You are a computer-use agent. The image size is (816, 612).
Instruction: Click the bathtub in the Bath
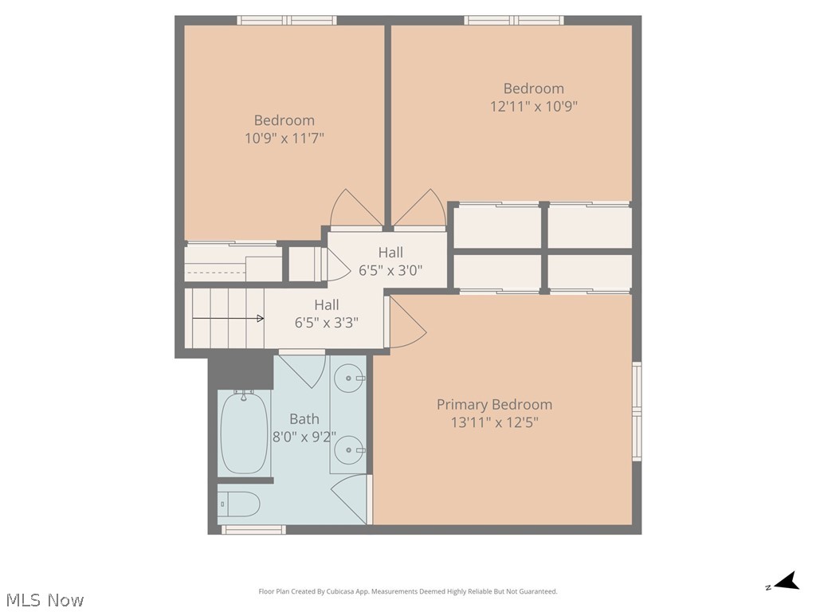tap(244, 433)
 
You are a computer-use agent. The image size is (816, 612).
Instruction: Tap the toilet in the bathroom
tap(239, 504)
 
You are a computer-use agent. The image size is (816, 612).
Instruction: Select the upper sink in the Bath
tap(349, 378)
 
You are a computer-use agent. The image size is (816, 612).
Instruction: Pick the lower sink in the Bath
tap(349, 449)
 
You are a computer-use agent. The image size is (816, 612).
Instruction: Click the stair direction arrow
tap(228, 319)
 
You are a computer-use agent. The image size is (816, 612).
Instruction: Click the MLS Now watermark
tap(45, 599)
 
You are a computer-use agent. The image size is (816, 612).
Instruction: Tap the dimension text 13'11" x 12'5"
tap(494, 422)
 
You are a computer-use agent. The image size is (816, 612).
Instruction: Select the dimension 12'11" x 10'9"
tap(534, 106)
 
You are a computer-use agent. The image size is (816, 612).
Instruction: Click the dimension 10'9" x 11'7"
tap(284, 139)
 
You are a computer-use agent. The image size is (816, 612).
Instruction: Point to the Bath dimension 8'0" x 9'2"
tap(304, 437)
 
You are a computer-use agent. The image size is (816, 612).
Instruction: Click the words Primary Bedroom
tap(494, 404)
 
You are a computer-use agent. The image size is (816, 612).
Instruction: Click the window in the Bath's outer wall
tap(253, 530)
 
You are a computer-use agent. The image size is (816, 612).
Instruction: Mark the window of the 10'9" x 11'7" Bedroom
tap(287, 20)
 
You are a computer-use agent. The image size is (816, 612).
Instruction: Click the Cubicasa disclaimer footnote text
tap(408, 592)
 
